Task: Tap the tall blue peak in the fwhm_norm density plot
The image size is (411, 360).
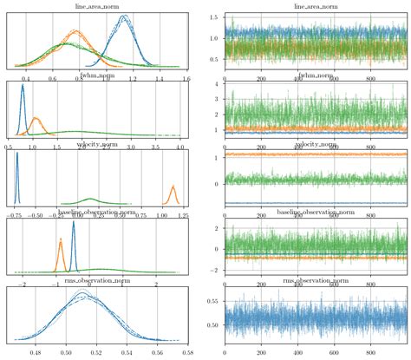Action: [23, 85]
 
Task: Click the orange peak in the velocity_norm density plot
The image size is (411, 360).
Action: [173, 186]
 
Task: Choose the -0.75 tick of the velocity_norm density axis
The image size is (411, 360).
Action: [16, 214]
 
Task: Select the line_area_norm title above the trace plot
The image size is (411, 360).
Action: [310, 7]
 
